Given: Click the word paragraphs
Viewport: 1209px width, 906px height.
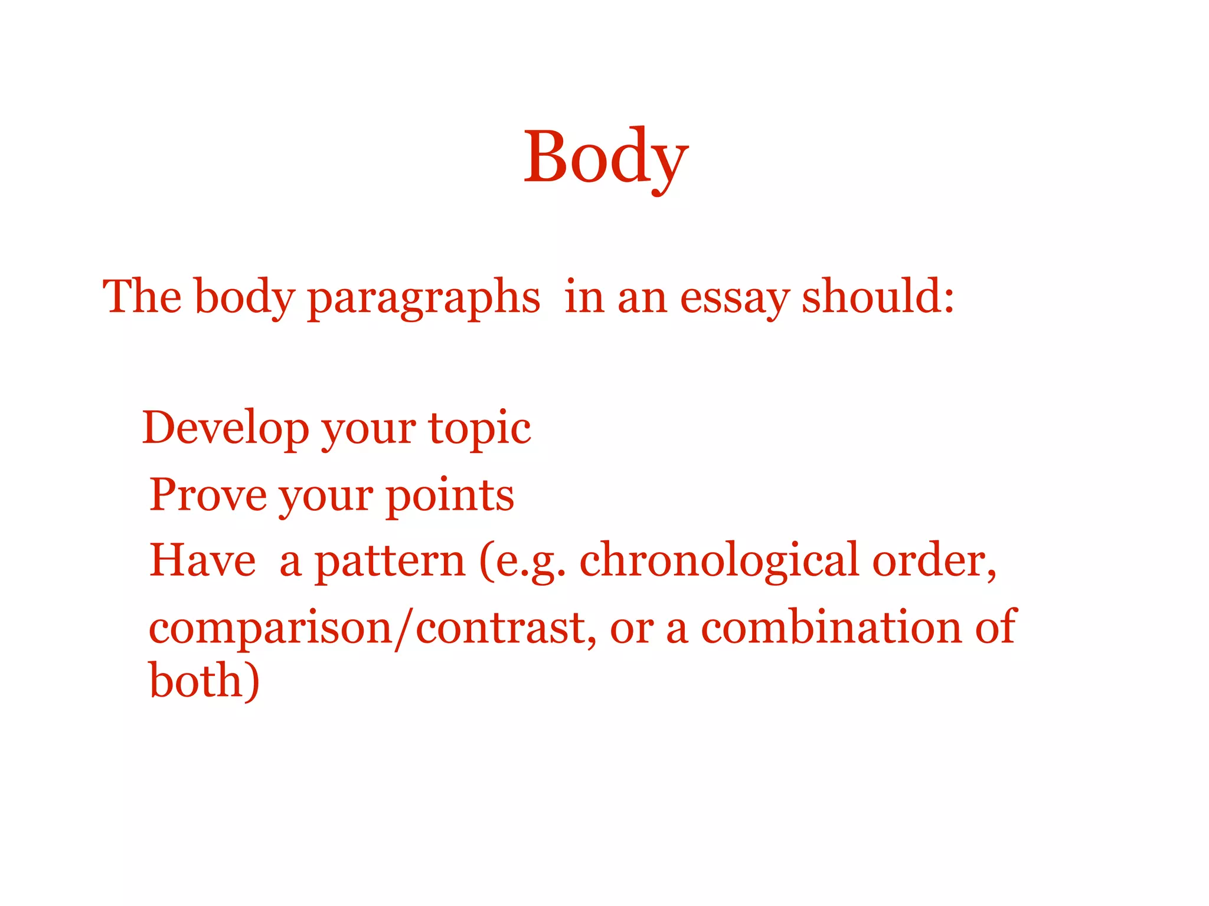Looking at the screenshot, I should pyautogui.click(x=423, y=298).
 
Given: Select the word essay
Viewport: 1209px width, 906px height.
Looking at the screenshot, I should pyautogui.click(x=734, y=298).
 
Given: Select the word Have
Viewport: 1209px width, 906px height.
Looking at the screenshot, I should pyautogui.click(x=202, y=560).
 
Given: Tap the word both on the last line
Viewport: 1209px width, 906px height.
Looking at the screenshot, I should pyautogui.click(x=197, y=681).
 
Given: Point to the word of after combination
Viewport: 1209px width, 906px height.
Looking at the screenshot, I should pyautogui.click(x=995, y=626).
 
